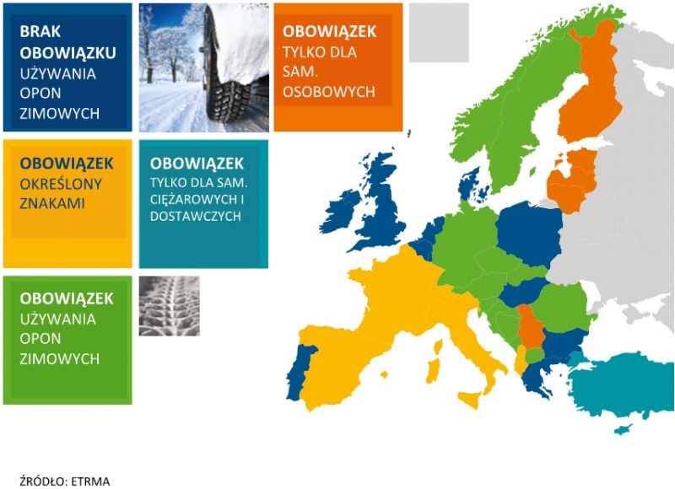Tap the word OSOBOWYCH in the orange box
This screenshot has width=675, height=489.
(329, 92)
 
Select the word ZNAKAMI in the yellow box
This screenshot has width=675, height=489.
(52, 203)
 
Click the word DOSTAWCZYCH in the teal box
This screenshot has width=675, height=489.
(196, 216)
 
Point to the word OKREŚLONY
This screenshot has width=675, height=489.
(61, 184)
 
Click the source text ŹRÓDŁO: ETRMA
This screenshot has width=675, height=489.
(65, 481)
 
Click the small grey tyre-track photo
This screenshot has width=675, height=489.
(170, 306)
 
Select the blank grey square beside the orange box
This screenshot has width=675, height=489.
(439, 33)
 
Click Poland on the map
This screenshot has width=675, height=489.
(531, 233)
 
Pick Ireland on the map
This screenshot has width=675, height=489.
(343, 211)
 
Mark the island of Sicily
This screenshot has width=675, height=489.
(469, 400)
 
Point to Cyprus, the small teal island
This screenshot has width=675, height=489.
(623, 429)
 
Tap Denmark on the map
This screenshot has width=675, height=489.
(472, 185)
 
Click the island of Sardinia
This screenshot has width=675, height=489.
(433, 371)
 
